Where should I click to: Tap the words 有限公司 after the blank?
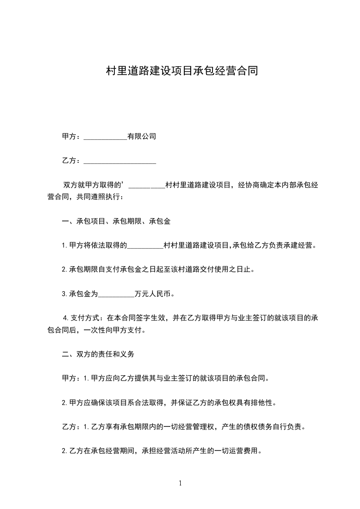pyautogui.click(x=142, y=136)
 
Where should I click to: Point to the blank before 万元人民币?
pyautogui.click(x=116, y=294)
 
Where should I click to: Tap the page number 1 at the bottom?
pyautogui.click(x=180, y=483)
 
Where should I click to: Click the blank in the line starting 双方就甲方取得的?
pyautogui.click(x=147, y=185)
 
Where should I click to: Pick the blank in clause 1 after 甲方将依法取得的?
pyautogui.click(x=145, y=245)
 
